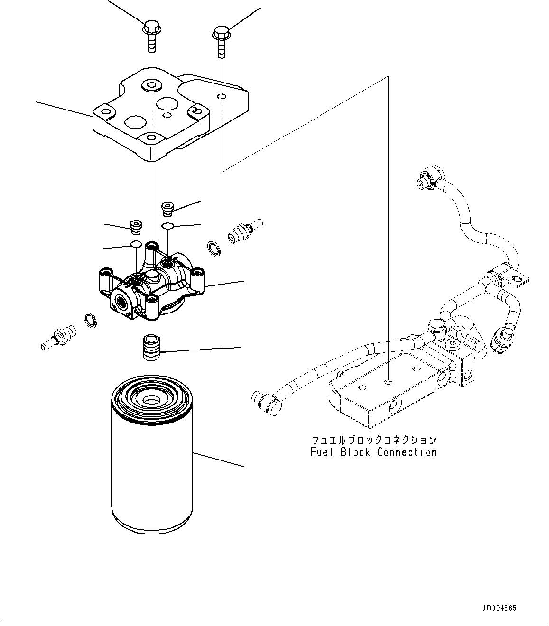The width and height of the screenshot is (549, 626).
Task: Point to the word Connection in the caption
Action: [407, 452]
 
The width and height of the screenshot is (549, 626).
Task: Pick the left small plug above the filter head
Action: [136, 226]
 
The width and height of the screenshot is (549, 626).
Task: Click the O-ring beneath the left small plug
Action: [136, 244]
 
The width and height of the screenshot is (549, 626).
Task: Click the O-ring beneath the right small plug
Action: [167, 226]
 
